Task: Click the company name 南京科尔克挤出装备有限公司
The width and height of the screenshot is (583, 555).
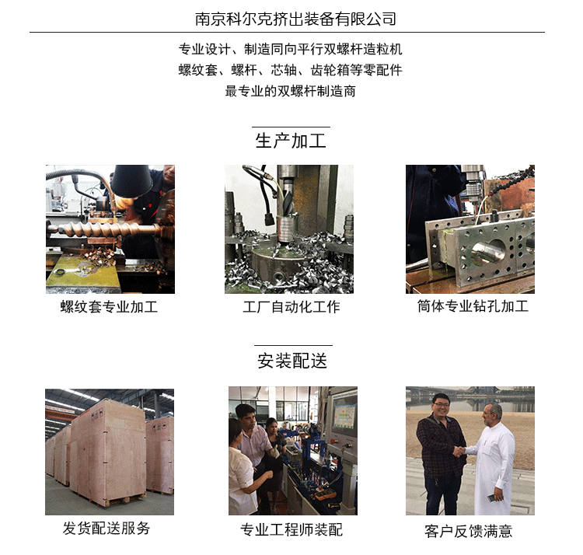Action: point(291,19)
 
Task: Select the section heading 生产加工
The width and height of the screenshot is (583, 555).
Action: point(291,141)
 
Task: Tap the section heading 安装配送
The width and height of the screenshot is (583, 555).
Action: point(292,360)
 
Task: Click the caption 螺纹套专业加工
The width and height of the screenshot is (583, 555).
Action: point(110,307)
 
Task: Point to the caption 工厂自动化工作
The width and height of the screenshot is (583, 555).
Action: point(291,307)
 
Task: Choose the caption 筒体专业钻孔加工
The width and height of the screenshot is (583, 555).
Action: point(473,306)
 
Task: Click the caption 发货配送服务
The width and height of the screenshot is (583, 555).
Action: point(106,529)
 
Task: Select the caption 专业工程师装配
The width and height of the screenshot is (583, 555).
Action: point(291,530)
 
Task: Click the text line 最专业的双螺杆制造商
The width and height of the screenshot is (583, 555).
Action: point(291,91)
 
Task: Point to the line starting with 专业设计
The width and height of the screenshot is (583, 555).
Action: point(291,49)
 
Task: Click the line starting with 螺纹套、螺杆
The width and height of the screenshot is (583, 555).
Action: point(291,70)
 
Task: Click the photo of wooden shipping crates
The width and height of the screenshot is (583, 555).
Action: point(110,451)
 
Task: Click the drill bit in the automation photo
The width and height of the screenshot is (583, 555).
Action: point(285,202)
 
